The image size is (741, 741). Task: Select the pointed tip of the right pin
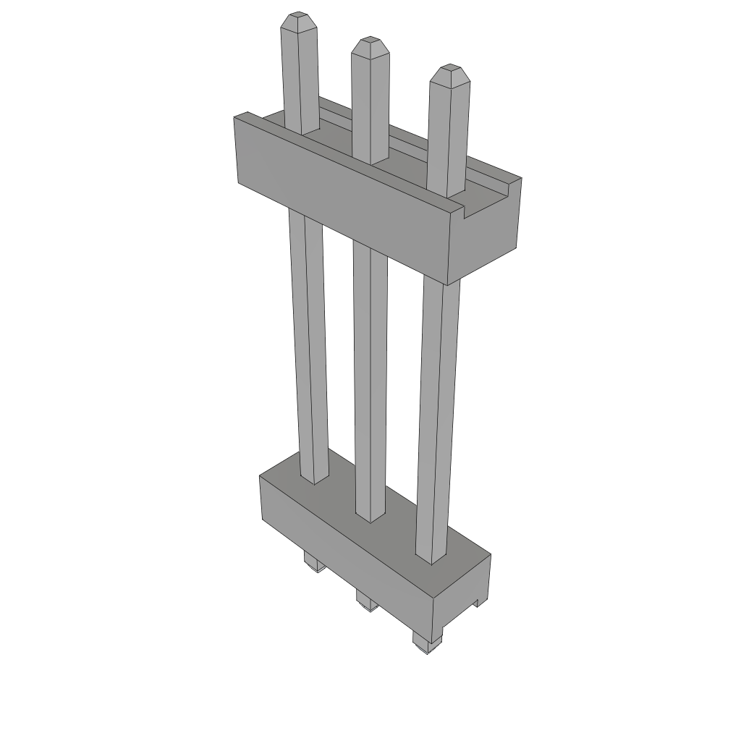click(449, 69)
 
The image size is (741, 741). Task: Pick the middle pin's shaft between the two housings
click(370, 376)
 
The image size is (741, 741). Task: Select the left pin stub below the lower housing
click(313, 563)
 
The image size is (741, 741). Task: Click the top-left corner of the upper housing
click(236, 117)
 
